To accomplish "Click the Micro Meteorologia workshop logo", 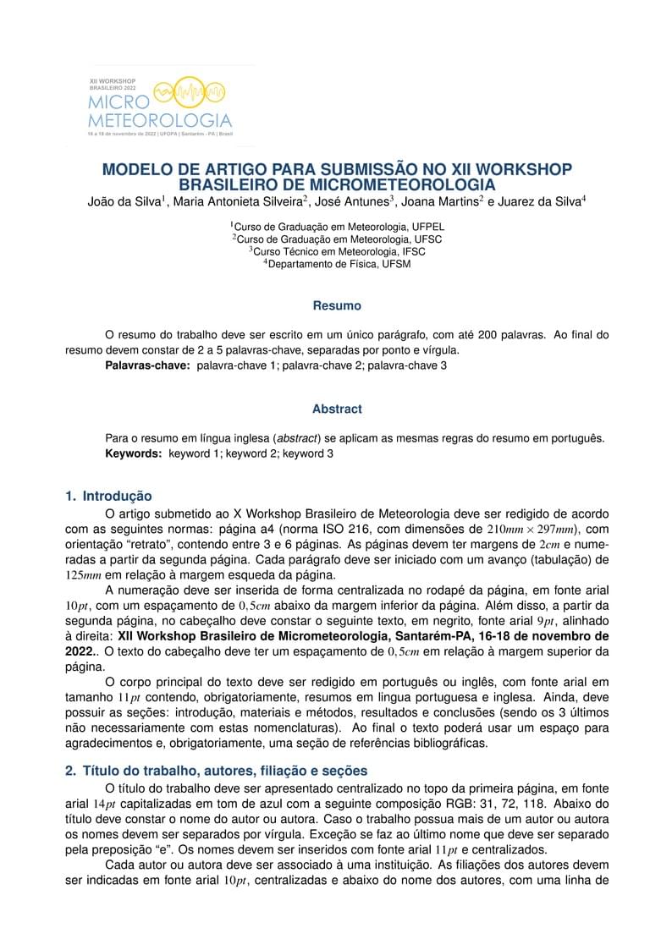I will [x=160, y=106].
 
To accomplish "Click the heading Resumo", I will [x=337, y=305].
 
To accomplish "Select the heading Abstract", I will [x=337, y=409].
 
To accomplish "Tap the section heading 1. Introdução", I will [x=108, y=496].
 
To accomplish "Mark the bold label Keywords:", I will [x=133, y=453].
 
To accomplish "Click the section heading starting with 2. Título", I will [x=217, y=771].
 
